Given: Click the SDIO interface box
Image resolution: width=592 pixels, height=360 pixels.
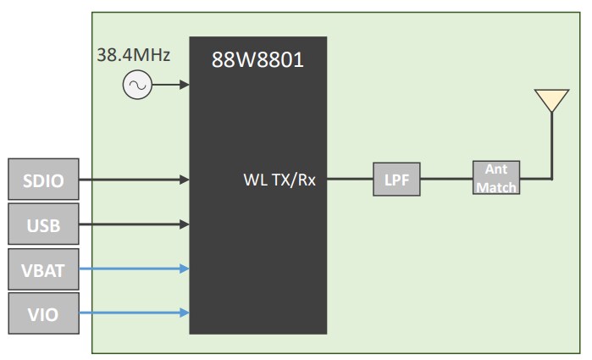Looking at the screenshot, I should [x=42, y=179].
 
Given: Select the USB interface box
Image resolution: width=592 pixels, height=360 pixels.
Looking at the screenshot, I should [x=42, y=224].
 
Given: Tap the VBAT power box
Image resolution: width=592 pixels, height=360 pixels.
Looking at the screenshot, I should [x=42, y=269].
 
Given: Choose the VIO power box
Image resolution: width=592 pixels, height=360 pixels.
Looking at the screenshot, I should [x=42, y=313].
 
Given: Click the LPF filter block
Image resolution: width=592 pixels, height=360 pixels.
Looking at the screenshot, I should [x=396, y=180].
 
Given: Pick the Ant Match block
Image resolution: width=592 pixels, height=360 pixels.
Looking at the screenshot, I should [x=496, y=179].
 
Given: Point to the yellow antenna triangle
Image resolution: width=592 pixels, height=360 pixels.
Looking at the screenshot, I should [x=551, y=100].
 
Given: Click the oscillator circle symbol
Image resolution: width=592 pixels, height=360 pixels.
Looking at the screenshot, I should [x=136, y=85].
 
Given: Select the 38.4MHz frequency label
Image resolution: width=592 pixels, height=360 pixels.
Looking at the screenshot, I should [x=134, y=56].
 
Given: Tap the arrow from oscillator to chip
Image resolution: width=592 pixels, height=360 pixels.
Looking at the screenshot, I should [x=169, y=85].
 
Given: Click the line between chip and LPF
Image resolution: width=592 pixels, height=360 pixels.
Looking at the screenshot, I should [x=350, y=180].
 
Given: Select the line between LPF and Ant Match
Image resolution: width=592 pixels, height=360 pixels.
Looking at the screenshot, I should [x=446, y=180].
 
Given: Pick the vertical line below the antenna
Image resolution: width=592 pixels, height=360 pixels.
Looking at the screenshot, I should [x=551, y=144].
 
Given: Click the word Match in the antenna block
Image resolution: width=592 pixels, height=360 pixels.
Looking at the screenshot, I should [x=496, y=187].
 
